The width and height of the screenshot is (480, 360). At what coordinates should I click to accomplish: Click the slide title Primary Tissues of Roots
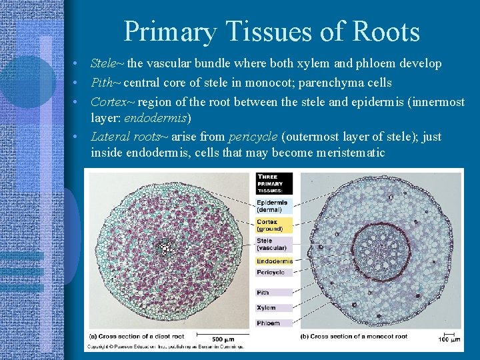click(x=271, y=32)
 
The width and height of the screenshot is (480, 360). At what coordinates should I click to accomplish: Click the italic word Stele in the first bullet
click(x=103, y=63)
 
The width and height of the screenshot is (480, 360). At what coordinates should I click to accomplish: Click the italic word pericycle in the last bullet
click(x=253, y=137)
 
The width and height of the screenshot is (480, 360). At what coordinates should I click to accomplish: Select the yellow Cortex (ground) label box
click(x=273, y=225)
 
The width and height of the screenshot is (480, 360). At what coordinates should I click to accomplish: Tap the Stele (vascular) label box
click(x=273, y=244)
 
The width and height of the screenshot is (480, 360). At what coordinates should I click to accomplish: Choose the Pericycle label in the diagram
click(x=271, y=272)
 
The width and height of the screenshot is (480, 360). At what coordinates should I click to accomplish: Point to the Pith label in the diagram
click(x=263, y=292)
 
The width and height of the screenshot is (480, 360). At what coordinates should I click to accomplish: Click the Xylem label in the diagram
click(x=266, y=307)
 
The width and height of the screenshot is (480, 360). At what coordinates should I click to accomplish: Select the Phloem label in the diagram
click(x=268, y=323)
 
